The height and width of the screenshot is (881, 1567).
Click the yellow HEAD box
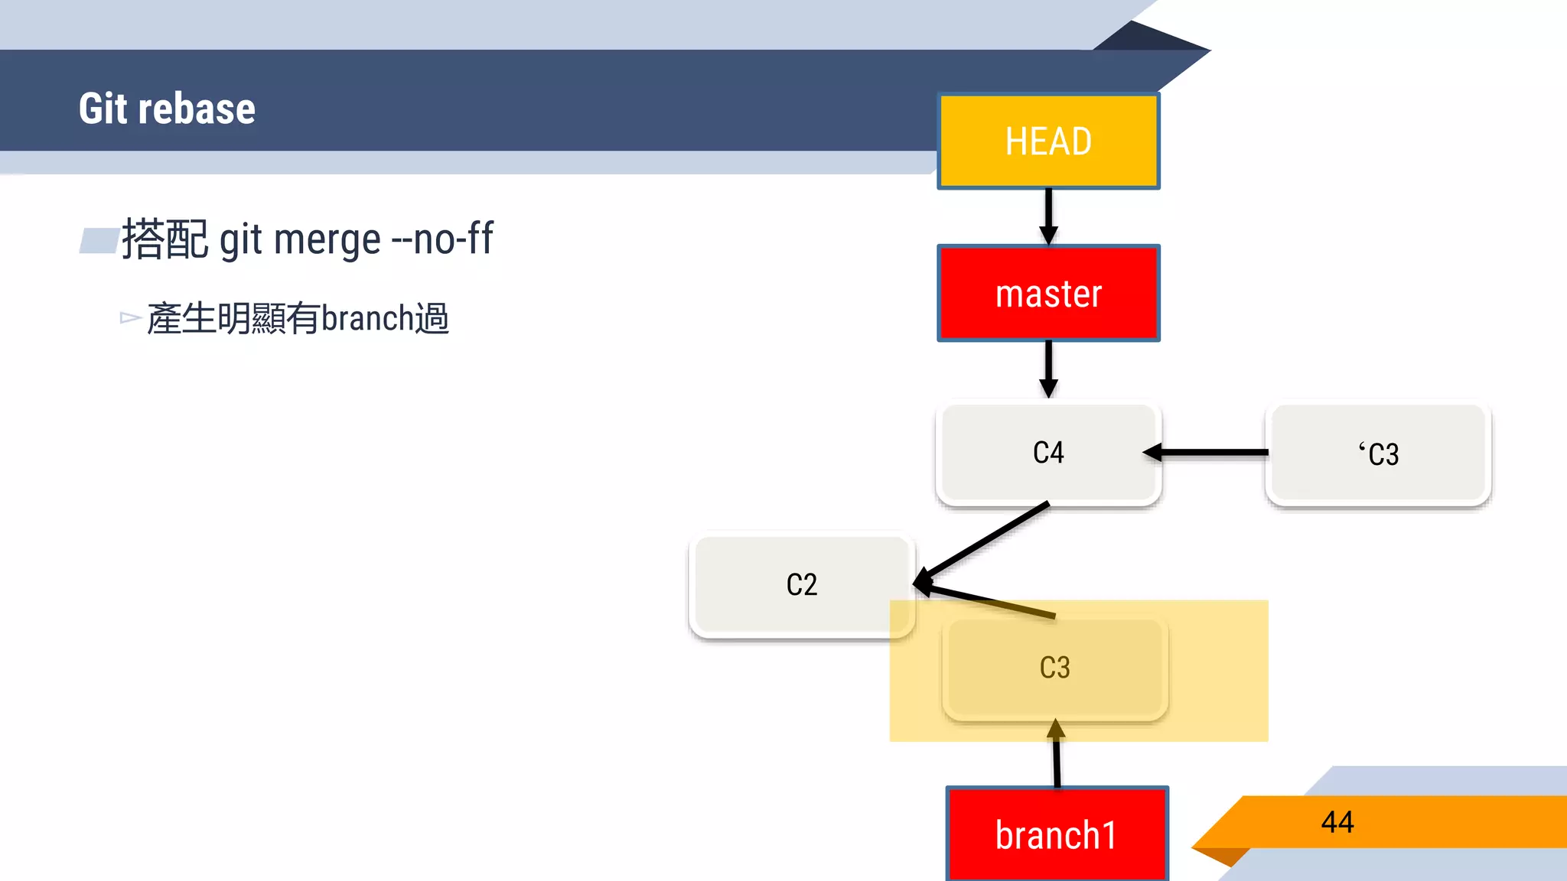click(x=1048, y=141)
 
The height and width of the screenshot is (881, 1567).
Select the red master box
click(x=1048, y=294)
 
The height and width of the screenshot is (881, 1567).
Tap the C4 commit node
click(x=1048, y=453)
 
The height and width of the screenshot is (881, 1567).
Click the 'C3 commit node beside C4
click(x=1378, y=454)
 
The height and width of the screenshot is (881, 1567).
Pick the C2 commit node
click(x=801, y=585)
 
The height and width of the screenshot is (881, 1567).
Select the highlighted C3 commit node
click(x=1054, y=668)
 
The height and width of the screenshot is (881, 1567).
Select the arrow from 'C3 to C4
click(x=1209, y=453)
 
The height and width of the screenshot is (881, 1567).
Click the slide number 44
click(x=1337, y=822)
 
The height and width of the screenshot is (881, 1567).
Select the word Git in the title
click(x=103, y=109)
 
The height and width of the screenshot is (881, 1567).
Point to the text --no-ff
click(x=443, y=239)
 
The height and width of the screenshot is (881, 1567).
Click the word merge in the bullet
click(x=327, y=240)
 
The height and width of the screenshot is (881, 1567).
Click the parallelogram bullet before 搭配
click(x=99, y=240)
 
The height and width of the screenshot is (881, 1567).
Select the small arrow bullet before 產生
click(x=130, y=317)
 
